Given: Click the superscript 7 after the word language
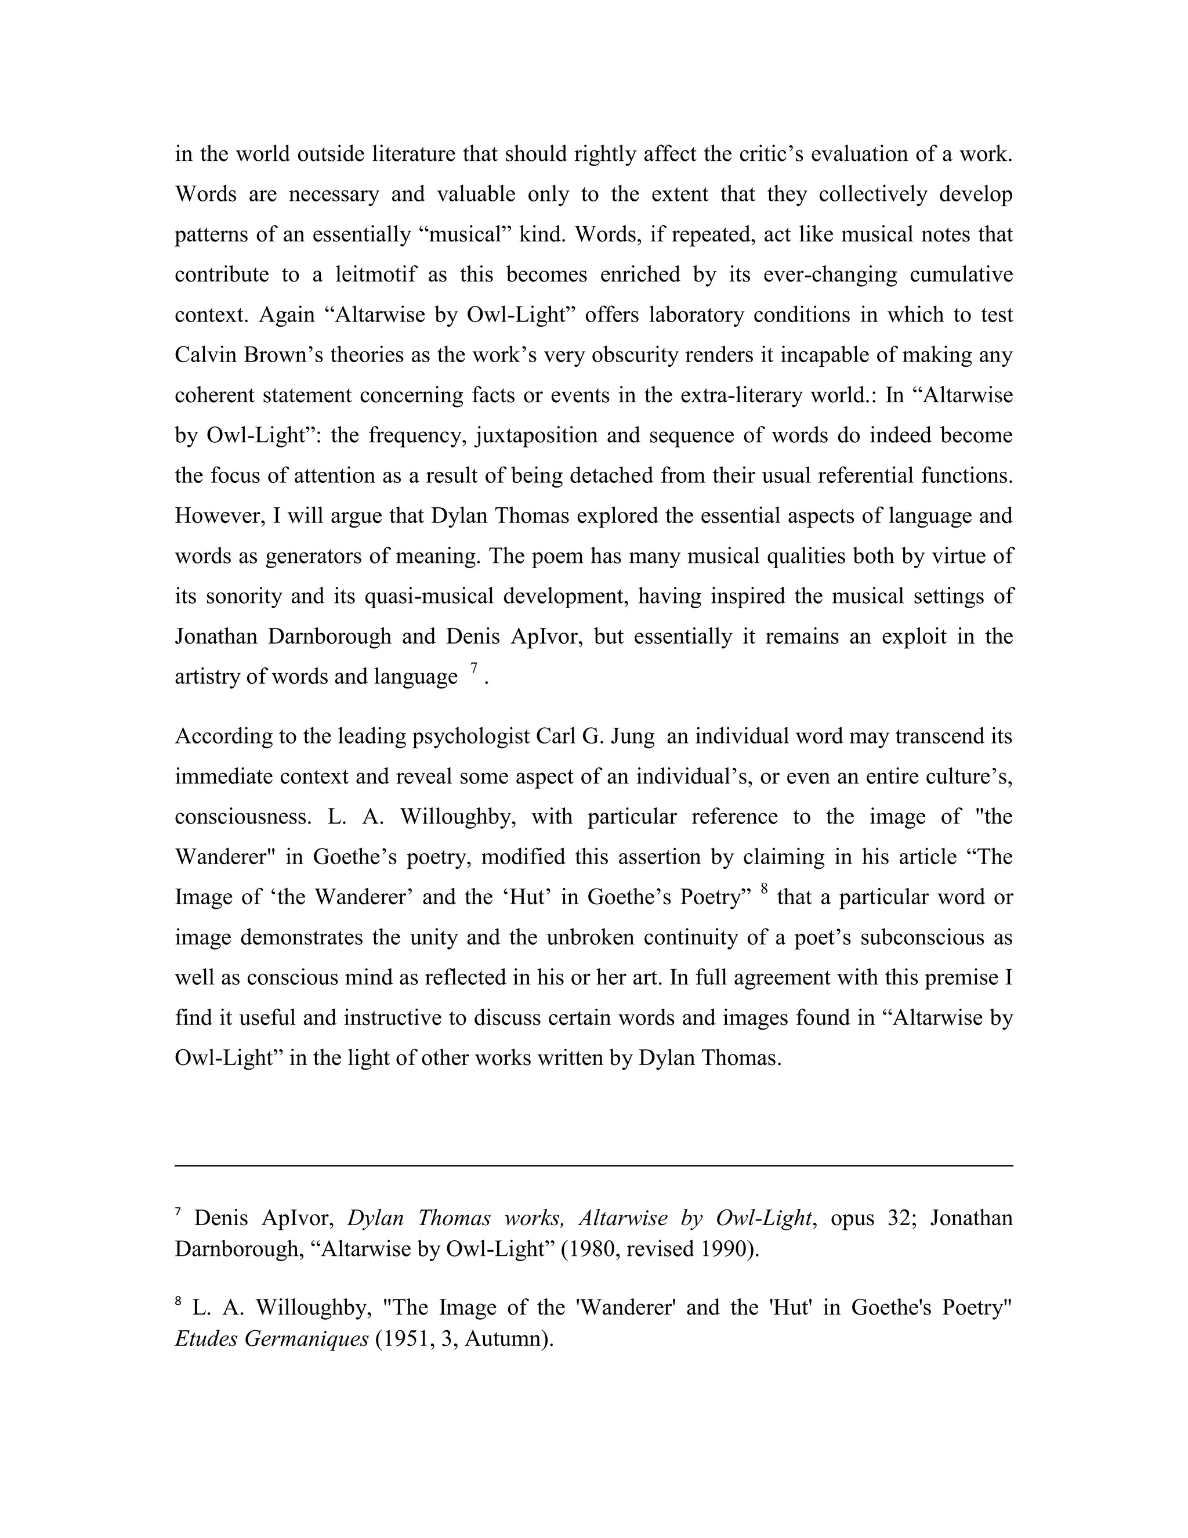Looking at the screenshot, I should pyautogui.click(x=475, y=667).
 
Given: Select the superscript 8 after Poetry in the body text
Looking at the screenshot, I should pyautogui.click(x=765, y=890).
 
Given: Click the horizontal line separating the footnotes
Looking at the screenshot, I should pyautogui.click(x=593, y=1165).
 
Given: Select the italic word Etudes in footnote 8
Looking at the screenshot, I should pyautogui.click(x=206, y=1338).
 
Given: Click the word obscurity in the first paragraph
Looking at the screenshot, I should pyautogui.click(x=636, y=354).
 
